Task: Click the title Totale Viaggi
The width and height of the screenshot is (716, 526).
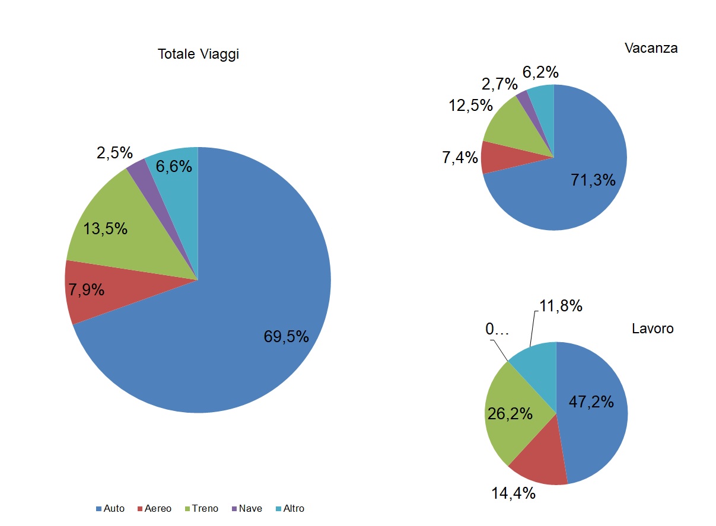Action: coord(198,55)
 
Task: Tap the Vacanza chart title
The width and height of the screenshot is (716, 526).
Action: coord(651,49)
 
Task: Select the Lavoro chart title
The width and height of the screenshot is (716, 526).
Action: coord(653,329)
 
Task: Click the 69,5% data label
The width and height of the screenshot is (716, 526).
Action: coord(287,337)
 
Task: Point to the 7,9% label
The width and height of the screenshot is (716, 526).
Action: coord(87,290)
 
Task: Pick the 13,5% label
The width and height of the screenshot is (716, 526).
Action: coord(106,229)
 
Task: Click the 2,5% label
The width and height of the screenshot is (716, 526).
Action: coord(114,153)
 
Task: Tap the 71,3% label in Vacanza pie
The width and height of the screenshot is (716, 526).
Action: coord(593,180)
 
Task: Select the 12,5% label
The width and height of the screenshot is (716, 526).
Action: coord(471,106)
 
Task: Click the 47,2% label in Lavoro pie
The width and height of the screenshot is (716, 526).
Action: coord(591,401)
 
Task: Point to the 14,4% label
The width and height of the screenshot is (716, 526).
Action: coord(514,493)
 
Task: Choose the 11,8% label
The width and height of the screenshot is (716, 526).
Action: coord(561,306)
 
